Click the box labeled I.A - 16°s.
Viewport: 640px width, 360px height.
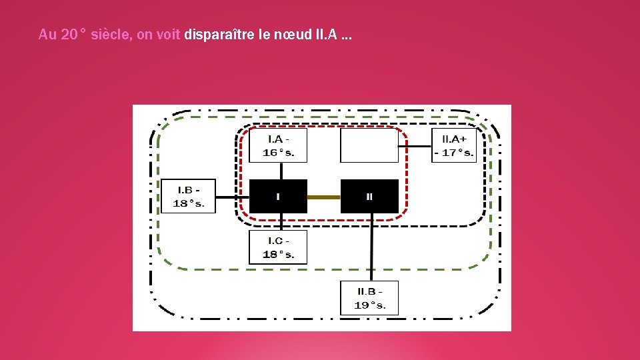[x=278, y=145]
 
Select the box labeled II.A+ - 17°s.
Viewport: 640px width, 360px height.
[x=454, y=145]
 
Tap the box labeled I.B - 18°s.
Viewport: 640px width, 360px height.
[x=188, y=196]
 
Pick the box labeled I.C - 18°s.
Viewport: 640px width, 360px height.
[x=278, y=247]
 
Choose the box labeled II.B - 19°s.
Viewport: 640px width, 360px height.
[x=369, y=298]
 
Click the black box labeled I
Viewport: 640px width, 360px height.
[x=278, y=197]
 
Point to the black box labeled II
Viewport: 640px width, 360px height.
[x=369, y=197]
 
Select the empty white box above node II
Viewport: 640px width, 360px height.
[x=369, y=145]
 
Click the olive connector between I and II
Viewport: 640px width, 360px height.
[x=324, y=197]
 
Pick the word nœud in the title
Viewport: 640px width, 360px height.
[x=291, y=35]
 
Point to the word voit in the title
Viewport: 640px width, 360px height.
[x=168, y=35]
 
